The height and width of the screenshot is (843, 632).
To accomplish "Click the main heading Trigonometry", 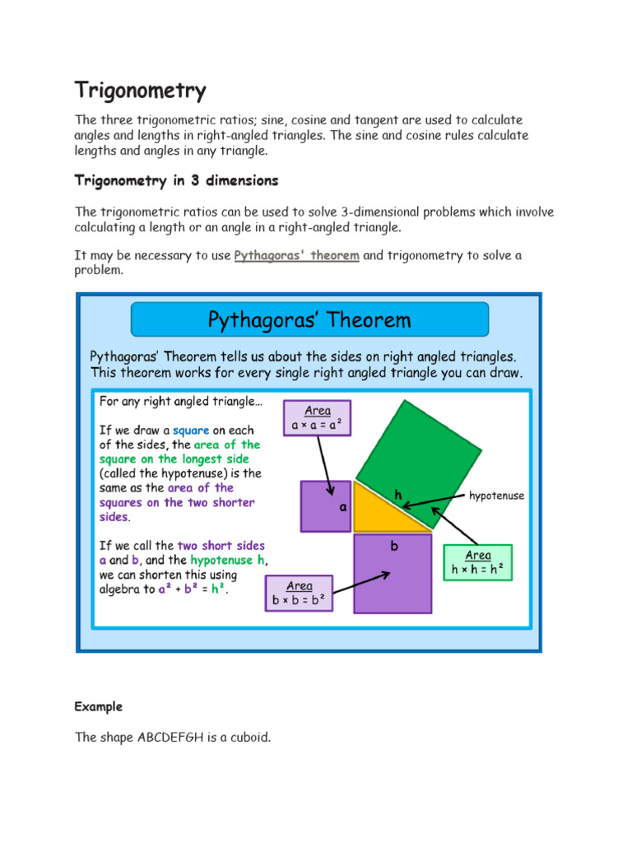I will point(140,91).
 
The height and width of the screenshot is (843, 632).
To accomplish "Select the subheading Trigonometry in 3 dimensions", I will point(176,180).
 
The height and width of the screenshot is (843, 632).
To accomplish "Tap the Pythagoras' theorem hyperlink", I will point(296,255).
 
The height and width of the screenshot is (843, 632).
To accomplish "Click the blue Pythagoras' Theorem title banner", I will point(309,319).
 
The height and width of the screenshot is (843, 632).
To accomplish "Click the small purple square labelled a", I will point(325,506).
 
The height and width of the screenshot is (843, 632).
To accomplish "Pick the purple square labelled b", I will point(393,573).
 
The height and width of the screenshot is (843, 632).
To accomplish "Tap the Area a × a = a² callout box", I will point(317,418).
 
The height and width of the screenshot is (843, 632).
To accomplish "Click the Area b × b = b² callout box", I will point(299,593).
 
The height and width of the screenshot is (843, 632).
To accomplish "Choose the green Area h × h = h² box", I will point(477,562).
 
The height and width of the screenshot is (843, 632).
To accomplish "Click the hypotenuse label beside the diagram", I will point(496,496).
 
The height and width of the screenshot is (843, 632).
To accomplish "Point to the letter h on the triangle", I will point(398,495).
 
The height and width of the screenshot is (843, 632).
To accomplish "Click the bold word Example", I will point(98,706).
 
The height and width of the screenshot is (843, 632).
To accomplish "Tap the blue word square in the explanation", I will point(191,430).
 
